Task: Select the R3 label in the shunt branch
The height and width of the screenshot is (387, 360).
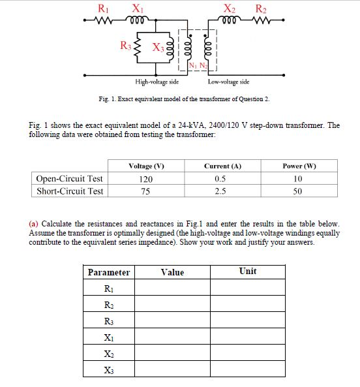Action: pyautogui.click(x=126, y=46)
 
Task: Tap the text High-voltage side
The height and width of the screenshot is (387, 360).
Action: pyautogui.click(x=157, y=82)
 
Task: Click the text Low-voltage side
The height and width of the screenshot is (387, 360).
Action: pyautogui.click(x=228, y=82)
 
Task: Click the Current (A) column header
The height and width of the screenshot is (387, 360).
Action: pyautogui.click(x=222, y=166)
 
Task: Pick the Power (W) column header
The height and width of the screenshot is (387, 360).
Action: pyautogui.click(x=300, y=166)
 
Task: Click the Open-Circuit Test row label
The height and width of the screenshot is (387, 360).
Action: pyautogui.click(x=70, y=178)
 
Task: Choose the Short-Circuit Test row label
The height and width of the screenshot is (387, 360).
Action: pyautogui.click(x=70, y=191)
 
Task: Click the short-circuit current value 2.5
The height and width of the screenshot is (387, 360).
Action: pyautogui.click(x=222, y=191)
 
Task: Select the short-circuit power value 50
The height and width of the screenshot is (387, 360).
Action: pyautogui.click(x=300, y=191)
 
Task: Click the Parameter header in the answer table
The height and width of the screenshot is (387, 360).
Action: pyautogui.click(x=109, y=272)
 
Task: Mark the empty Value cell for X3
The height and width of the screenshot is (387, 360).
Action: pyautogui.click(x=173, y=369)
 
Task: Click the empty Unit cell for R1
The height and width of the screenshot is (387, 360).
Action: pyautogui.click(x=248, y=288)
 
